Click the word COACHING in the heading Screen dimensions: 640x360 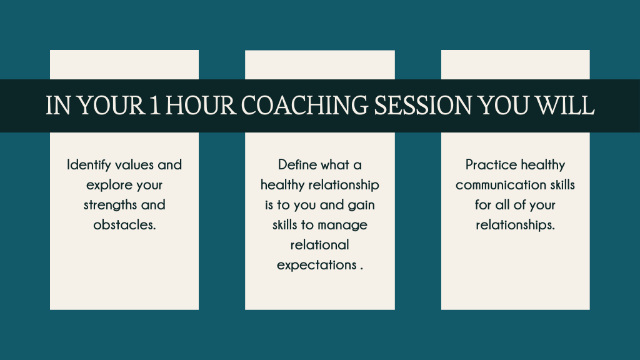tap(304, 105)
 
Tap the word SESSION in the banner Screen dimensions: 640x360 tap(423, 105)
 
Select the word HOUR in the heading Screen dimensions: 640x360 tap(201, 105)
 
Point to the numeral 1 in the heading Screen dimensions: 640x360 tap(154, 105)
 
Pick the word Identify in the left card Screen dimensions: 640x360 tap(89, 165)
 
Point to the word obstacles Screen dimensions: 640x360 tap(124, 225)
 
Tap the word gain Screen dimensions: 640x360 tap(361, 205)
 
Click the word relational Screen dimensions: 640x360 tap(319, 245)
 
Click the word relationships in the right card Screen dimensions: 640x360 tap(515, 225)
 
